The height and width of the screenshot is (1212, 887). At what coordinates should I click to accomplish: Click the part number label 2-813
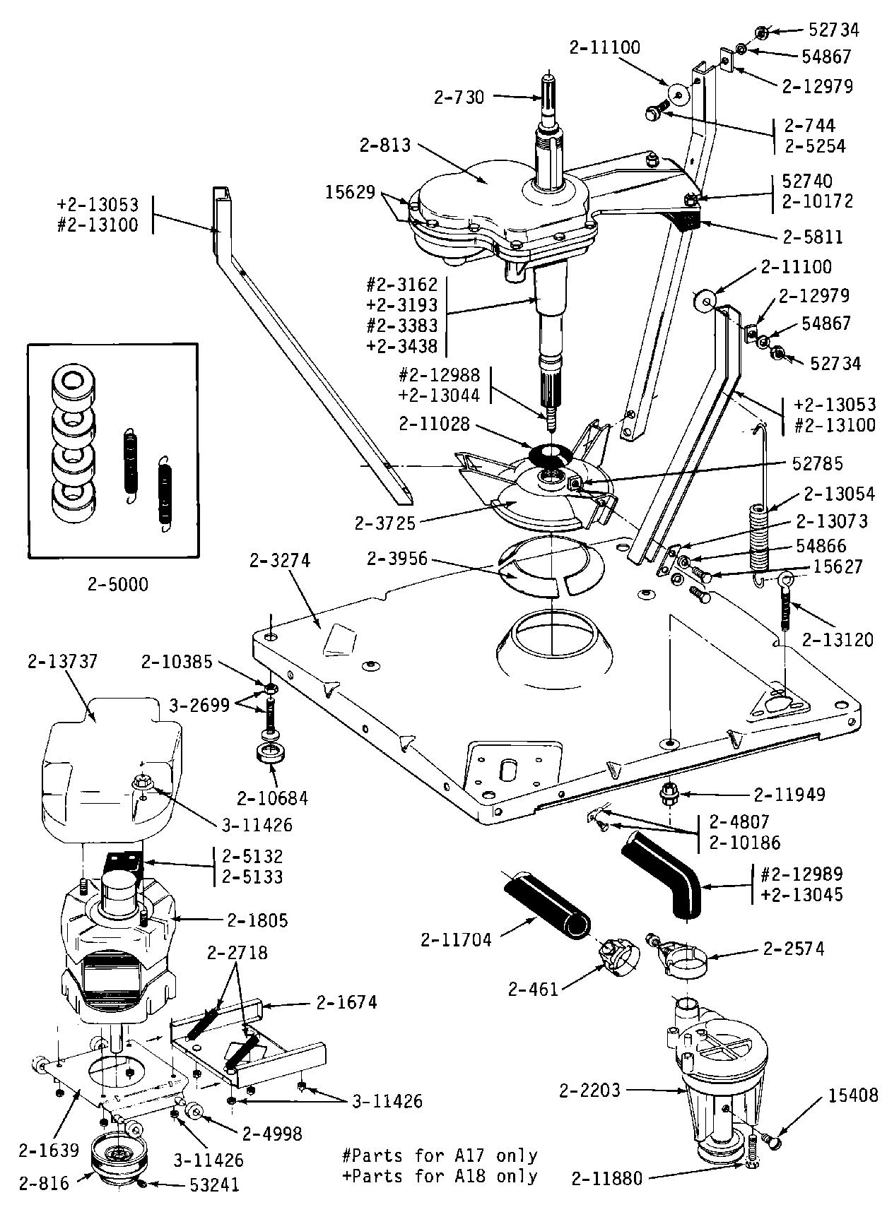pyautogui.click(x=385, y=145)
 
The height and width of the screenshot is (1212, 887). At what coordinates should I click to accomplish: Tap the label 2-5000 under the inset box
pyautogui.click(x=118, y=586)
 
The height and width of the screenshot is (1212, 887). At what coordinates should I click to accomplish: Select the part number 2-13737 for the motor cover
pyautogui.click(x=63, y=662)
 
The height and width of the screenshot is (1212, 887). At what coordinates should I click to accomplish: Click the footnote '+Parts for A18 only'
pyautogui.click(x=439, y=1177)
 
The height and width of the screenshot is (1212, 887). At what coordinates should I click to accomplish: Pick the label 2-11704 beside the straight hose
pyautogui.click(x=456, y=939)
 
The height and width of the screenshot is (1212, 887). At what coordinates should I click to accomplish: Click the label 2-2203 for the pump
pyautogui.click(x=589, y=1091)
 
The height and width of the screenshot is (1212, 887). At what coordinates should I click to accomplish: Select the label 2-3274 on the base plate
pyautogui.click(x=280, y=561)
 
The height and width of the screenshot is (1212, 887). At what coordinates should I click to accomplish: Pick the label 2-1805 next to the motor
pyautogui.click(x=258, y=920)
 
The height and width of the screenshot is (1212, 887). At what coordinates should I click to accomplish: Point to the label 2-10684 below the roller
pyautogui.click(x=273, y=798)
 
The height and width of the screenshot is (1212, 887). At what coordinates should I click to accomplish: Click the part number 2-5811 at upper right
pyautogui.click(x=813, y=237)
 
